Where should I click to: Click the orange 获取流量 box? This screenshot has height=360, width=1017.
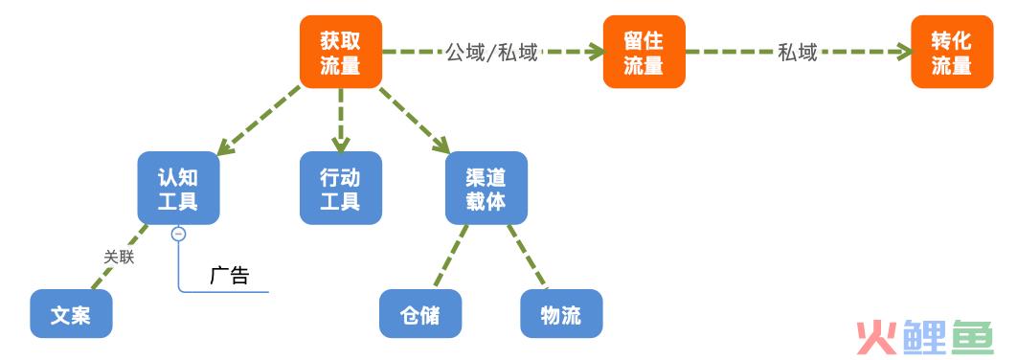click(340, 52)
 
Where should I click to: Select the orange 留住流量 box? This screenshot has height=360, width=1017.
click(644, 52)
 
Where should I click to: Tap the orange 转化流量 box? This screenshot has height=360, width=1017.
click(951, 52)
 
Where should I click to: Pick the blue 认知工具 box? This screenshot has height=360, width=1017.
click(178, 188)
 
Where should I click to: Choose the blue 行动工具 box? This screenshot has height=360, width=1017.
click(340, 188)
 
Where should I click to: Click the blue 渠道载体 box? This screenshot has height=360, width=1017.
click(486, 188)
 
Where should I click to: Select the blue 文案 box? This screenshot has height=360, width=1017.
click(71, 314)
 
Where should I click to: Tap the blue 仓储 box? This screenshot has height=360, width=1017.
click(420, 314)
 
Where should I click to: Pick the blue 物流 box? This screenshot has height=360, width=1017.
click(561, 314)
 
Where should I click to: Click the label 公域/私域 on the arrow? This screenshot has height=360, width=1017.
click(491, 53)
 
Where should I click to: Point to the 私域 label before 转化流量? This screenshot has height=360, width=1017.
click(797, 53)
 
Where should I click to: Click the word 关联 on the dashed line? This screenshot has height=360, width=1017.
click(119, 256)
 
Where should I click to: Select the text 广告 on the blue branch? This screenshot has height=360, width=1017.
click(229, 276)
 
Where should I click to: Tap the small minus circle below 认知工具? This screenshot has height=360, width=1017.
click(178, 234)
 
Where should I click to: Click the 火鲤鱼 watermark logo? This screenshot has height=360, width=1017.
click(925, 335)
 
